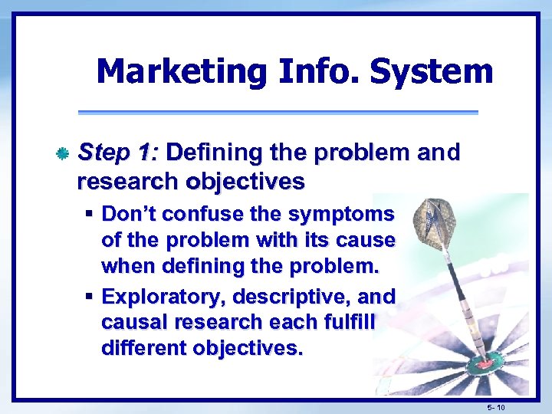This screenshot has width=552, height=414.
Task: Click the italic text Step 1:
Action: coord(118,153)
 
